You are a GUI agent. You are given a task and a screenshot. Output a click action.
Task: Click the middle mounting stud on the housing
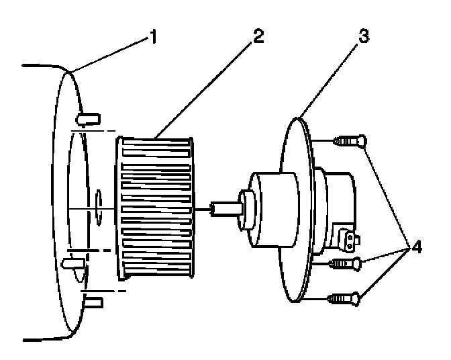[71, 262]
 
